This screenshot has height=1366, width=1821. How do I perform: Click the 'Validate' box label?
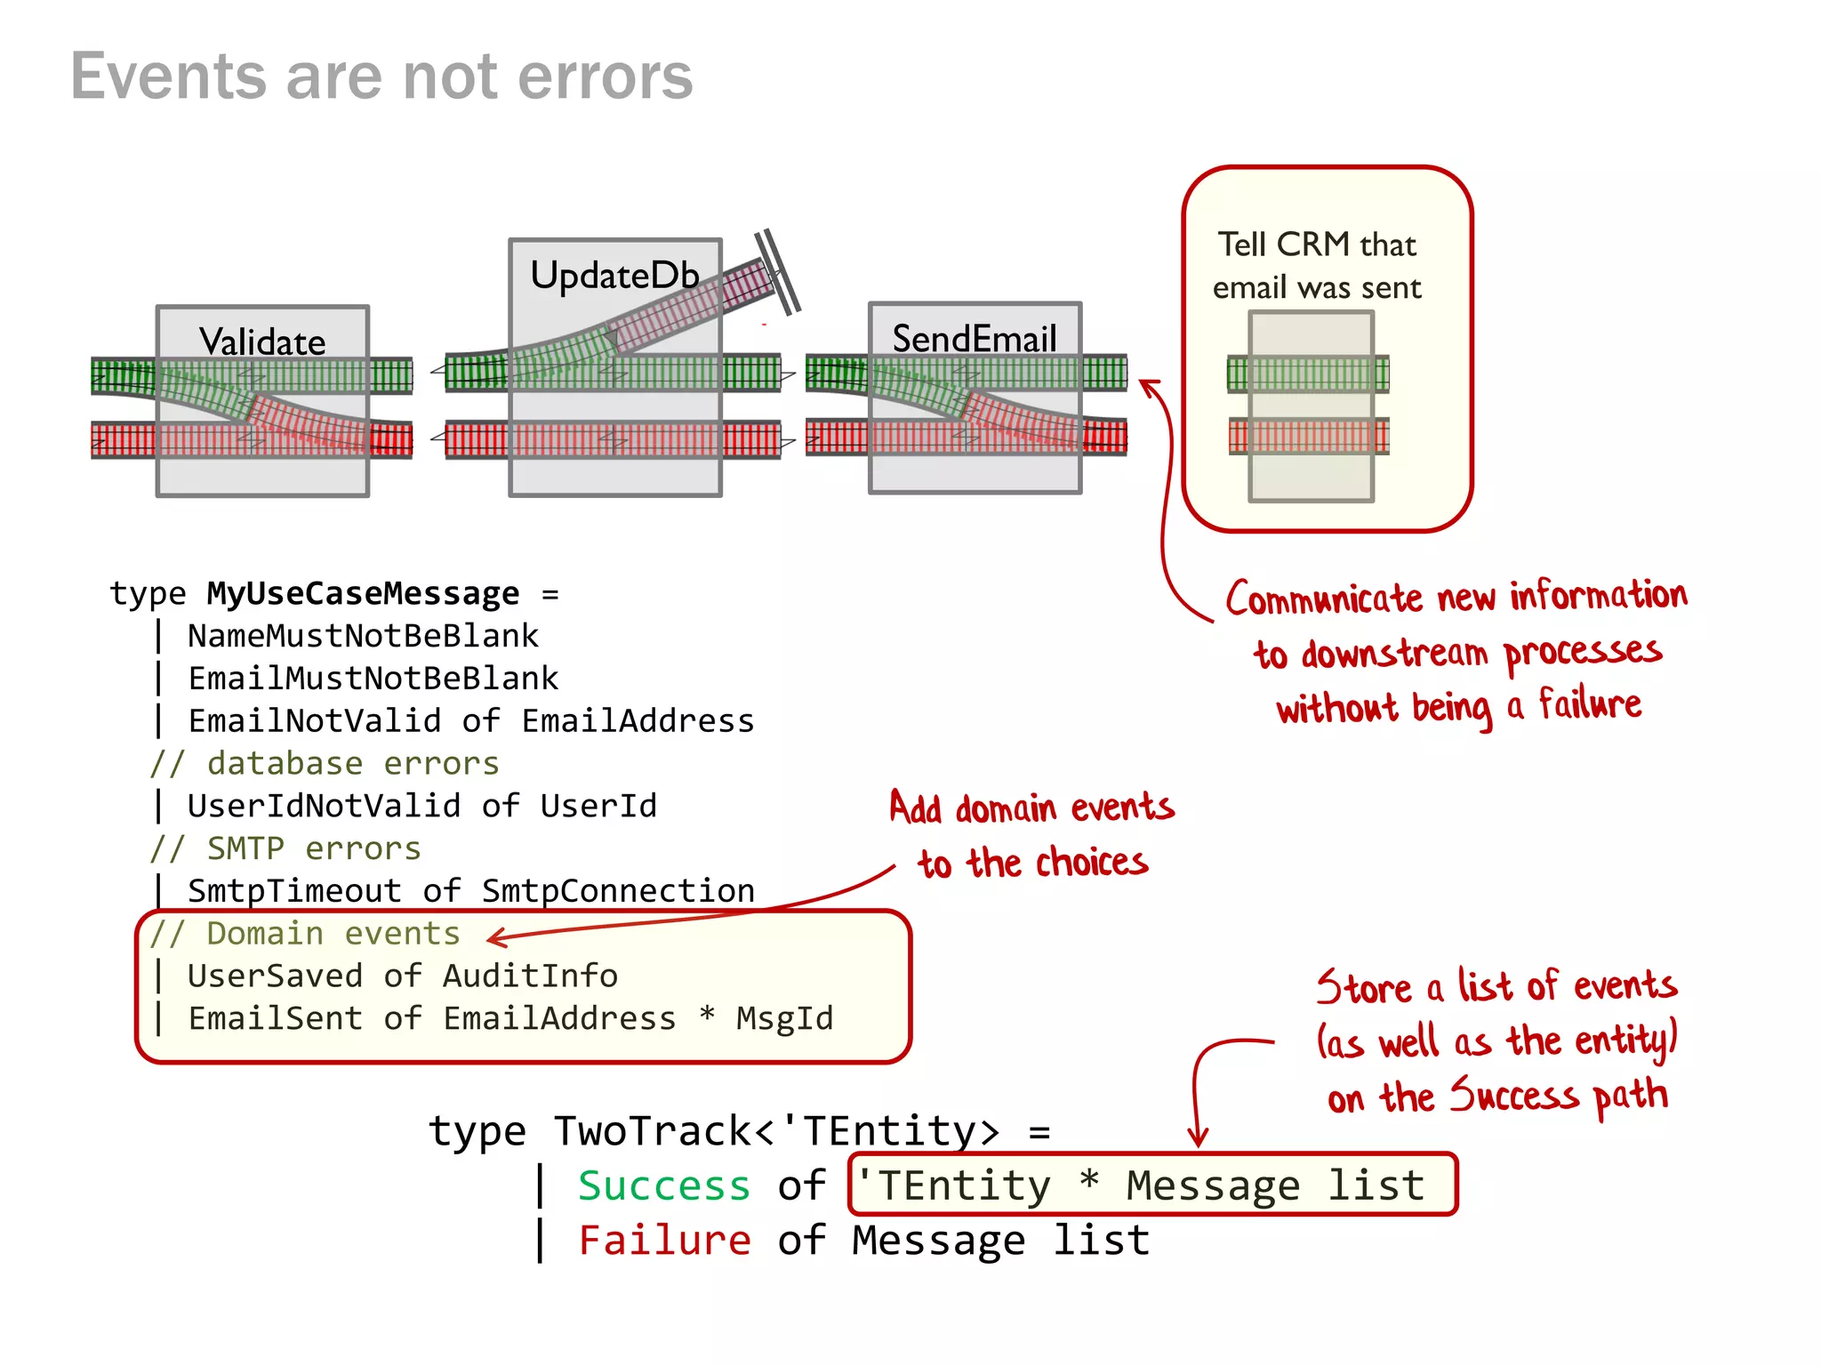(x=262, y=341)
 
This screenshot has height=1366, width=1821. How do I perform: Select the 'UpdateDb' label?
(x=614, y=275)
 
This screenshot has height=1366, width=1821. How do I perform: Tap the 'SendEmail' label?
(x=975, y=339)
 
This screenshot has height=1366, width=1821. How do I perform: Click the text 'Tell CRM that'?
(x=1316, y=245)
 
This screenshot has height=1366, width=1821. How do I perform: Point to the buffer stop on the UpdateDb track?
(x=778, y=271)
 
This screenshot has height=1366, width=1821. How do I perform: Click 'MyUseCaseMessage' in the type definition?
(x=363, y=593)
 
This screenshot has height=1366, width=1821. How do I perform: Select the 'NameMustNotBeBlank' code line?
(x=363, y=636)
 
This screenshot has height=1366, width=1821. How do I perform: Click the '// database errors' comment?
(x=325, y=763)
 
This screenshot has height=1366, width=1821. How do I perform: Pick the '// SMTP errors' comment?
(x=285, y=848)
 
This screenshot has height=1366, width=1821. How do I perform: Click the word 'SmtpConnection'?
(x=618, y=890)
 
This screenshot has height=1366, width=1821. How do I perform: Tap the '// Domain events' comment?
(x=305, y=934)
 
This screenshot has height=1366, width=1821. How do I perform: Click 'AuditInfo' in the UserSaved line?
(x=530, y=976)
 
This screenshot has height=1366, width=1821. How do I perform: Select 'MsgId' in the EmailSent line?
(x=784, y=1018)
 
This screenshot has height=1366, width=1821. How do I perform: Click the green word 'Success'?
(x=664, y=1186)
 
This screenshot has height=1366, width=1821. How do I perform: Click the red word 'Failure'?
(x=664, y=1241)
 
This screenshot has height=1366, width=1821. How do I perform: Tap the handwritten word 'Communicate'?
(x=1324, y=599)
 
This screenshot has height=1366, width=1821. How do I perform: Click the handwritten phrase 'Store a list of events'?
(x=1496, y=986)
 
